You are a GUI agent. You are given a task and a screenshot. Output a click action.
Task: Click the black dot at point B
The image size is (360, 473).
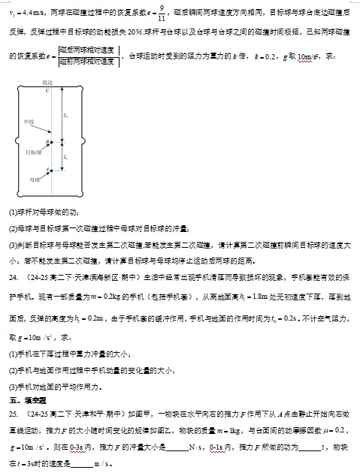point(50,140)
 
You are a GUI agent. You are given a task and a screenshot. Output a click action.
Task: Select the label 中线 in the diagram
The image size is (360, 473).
point(29,122)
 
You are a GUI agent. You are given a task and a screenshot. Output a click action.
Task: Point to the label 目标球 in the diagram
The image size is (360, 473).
point(33,152)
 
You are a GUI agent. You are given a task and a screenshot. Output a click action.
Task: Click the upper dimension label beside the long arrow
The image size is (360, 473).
point(66,115)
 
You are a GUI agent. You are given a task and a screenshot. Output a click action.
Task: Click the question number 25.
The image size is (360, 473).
point(12,413)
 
